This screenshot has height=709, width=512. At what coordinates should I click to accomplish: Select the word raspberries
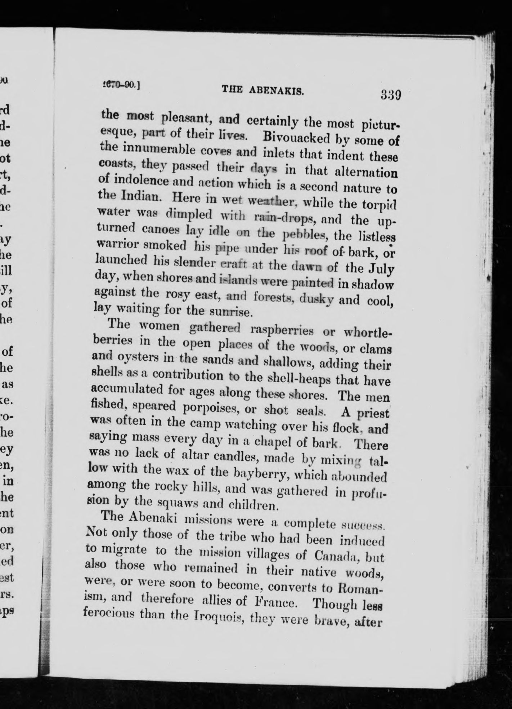pos(277,329)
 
